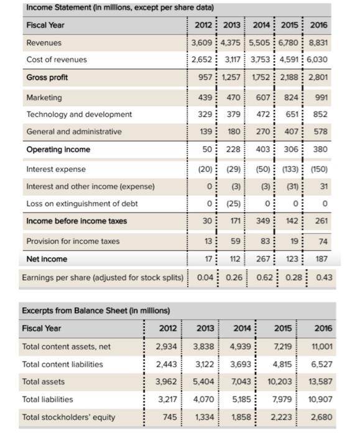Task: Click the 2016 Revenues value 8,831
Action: tap(318, 43)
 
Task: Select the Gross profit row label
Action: tap(47, 78)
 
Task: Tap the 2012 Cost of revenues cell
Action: tap(201, 60)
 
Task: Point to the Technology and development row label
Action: tap(79, 114)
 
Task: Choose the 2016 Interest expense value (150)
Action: tap(318, 169)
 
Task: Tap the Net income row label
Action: tap(47, 259)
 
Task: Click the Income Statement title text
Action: tap(119, 7)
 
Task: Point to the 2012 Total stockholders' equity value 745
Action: tap(169, 417)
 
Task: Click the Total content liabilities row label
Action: tap(63, 364)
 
